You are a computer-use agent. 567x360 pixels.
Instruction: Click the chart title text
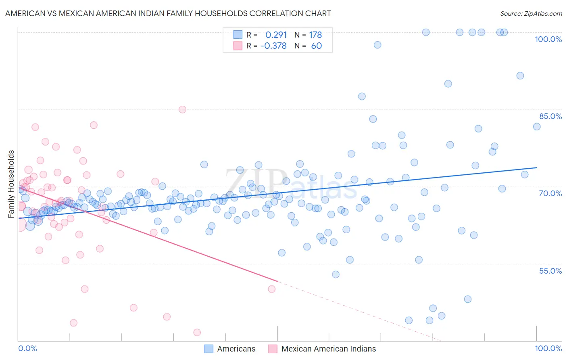(168, 14)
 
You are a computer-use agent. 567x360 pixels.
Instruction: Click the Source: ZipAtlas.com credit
(531, 14)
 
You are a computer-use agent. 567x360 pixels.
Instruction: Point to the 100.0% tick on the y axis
(548, 39)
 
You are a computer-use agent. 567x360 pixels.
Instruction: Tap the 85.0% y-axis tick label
(550, 116)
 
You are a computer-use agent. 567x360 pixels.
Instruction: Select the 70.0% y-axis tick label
(550, 193)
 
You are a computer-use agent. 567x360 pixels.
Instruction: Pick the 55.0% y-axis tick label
(550, 271)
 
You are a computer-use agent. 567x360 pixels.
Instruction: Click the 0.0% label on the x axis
(27, 348)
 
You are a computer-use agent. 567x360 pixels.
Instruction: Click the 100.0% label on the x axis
(548, 348)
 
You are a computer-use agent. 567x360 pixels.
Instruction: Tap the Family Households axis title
(11, 184)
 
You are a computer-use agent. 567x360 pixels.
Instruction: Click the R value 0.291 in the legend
(276, 35)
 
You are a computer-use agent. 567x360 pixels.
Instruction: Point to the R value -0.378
(273, 46)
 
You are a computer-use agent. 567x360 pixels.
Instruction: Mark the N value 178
(315, 35)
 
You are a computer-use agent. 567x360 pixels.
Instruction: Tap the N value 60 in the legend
(317, 46)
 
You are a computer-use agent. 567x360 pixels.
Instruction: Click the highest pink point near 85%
(182, 109)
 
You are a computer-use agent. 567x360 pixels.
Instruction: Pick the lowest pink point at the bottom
(197, 333)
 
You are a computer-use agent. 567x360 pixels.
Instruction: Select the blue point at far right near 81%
(537, 127)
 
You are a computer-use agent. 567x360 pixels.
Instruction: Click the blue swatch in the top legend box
(238, 35)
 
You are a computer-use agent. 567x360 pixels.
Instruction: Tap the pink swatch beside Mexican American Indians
(273, 349)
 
